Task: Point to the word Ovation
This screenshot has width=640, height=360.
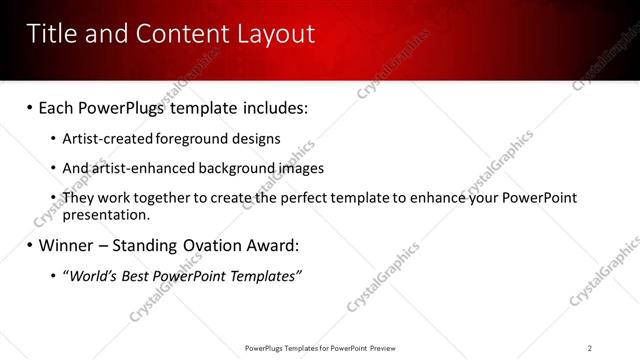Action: pos(217,245)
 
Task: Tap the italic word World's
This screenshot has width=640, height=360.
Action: pos(93,275)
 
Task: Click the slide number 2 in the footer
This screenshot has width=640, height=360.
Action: pos(590,348)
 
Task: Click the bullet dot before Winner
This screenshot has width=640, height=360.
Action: pos(29,245)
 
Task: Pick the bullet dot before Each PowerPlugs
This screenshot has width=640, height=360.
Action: pos(29,107)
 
